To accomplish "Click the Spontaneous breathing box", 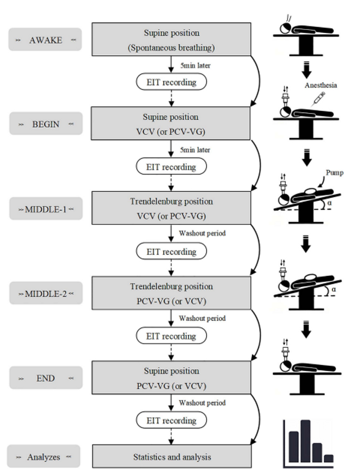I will point(171,39).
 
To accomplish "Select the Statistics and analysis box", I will point(171,457).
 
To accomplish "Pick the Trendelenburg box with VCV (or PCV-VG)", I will point(171,208).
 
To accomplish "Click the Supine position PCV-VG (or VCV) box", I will point(171,378).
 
